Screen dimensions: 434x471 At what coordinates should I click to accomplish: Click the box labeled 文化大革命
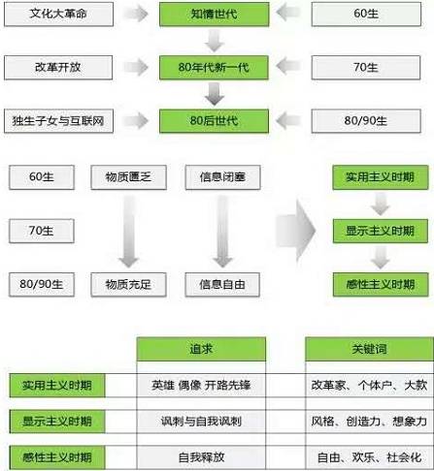[58, 14]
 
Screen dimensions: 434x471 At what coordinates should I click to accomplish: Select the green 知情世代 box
[214, 14]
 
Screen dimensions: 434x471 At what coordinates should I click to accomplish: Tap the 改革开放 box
[58, 67]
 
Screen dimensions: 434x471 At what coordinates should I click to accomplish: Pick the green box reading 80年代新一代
[214, 67]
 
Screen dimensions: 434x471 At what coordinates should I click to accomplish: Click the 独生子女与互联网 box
[58, 121]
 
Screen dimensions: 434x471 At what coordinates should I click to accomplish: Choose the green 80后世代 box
[214, 121]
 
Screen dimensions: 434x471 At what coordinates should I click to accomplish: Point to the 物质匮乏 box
[128, 177]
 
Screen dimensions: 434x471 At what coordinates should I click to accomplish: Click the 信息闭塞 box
[222, 177]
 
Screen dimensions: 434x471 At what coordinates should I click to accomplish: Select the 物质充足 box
[128, 284]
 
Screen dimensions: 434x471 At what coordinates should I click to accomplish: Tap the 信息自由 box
[222, 284]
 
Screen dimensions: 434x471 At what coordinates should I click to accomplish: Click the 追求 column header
[201, 349]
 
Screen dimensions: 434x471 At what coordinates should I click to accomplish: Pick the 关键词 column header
[369, 349]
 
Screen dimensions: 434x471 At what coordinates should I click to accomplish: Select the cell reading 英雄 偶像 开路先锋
[201, 385]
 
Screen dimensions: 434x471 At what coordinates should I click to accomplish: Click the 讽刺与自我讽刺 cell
[201, 422]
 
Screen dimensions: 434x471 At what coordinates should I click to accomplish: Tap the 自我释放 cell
[201, 457]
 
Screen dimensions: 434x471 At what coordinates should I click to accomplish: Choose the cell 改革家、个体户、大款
[369, 385]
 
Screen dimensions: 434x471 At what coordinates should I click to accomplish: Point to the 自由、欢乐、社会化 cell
[369, 457]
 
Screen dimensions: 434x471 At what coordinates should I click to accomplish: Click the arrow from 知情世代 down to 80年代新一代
[214, 41]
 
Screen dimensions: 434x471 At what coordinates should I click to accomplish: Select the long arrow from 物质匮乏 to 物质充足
[129, 231]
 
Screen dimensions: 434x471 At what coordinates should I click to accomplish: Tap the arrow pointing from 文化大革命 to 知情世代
[136, 14]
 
